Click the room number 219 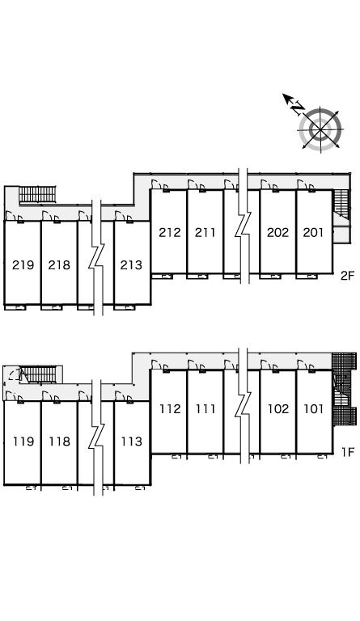tap(23, 264)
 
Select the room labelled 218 tap(59, 264)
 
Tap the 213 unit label tap(131, 264)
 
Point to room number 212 tap(170, 233)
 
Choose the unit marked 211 tap(205, 233)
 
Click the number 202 tap(277, 233)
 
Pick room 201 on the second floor tap(313, 233)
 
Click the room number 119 tap(23, 441)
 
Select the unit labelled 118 tap(59, 441)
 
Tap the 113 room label tap(132, 441)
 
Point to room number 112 tap(170, 408)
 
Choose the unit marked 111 tap(205, 408)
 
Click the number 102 tap(278, 408)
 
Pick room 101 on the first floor tap(314, 408)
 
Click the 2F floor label tap(347, 276)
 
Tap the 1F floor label tap(348, 452)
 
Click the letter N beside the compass tap(298, 108)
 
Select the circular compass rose tap(320, 129)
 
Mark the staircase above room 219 tap(37, 194)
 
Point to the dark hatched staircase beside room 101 tap(343, 389)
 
